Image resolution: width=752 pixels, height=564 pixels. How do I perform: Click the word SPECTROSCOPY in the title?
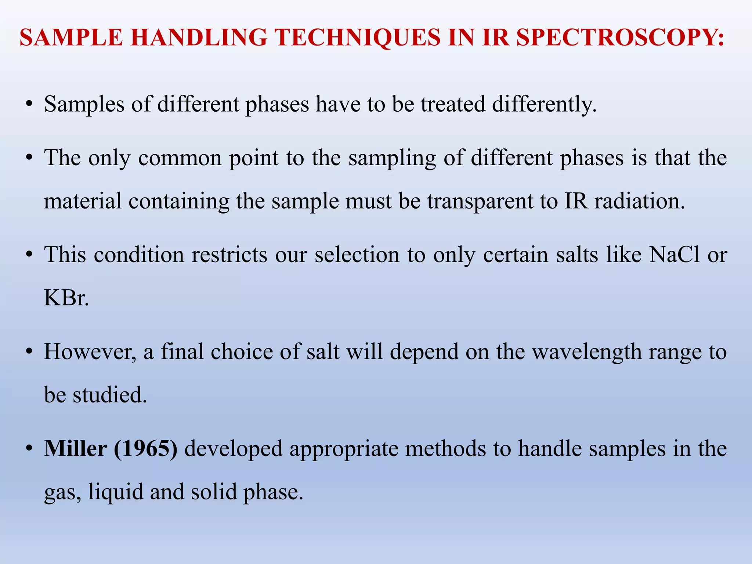[x=621, y=37]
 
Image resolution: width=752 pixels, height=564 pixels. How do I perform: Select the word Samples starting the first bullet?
[x=84, y=104]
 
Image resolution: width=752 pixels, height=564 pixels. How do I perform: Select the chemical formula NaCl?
[x=674, y=254]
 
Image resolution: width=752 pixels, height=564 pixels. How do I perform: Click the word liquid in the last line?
[x=115, y=492]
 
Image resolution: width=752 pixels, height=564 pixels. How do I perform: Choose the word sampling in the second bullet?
[x=392, y=159]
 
